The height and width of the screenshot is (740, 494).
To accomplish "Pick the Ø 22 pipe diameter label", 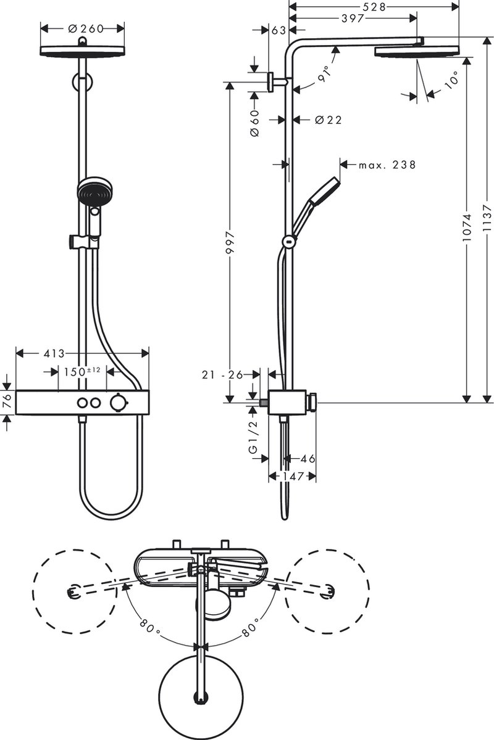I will pos(328,120).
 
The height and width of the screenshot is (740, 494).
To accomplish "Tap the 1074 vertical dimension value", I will pos(467,226).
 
